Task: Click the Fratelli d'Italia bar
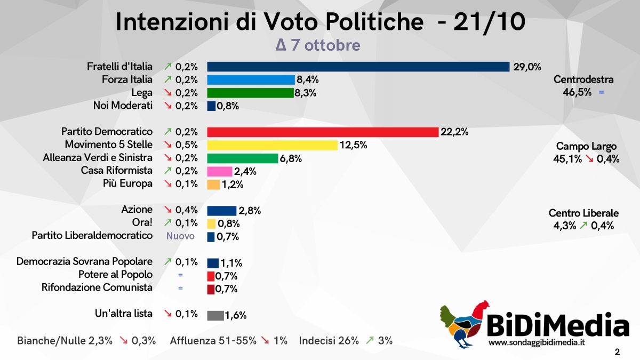click(358, 67)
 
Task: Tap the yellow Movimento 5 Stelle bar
click(272, 145)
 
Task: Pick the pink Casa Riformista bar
click(219, 171)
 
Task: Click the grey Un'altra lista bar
click(215, 315)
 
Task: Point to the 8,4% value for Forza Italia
click(308, 80)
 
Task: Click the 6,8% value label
click(291, 158)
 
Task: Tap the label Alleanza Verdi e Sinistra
click(98, 157)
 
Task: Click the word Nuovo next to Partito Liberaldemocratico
click(181, 236)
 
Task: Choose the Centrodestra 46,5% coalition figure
click(576, 92)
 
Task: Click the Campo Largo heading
click(586, 146)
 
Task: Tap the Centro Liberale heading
click(583, 213)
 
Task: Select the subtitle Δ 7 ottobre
click(318, 45)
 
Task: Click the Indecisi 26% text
click(329, 340)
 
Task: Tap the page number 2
click(617, 352)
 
